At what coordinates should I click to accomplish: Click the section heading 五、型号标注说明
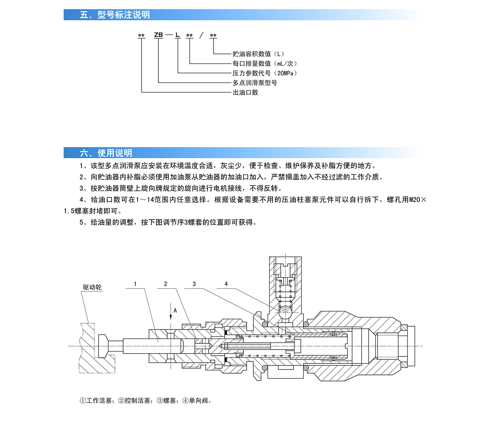point(115,15)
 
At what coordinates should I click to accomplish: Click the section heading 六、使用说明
point(106,153)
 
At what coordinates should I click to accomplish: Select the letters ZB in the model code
point(158,35)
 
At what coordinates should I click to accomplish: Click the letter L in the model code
point(177,35)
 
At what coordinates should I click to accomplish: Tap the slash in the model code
point(201,36)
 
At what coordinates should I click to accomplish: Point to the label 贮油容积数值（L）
point(258,54)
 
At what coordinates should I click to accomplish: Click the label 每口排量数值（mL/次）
point(265,63)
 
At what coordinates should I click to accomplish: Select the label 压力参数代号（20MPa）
point(265,73)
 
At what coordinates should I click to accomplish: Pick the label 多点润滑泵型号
point(255,83)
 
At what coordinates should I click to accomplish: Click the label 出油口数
point(245,92)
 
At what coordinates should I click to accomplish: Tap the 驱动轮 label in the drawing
point(92,287)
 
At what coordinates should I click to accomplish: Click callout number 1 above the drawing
point(135,284)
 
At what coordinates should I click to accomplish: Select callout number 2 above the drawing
point(166,284)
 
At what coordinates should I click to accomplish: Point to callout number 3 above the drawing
point(194,284)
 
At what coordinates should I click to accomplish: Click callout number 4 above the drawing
point(226,284)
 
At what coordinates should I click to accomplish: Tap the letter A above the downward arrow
point(175,311)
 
